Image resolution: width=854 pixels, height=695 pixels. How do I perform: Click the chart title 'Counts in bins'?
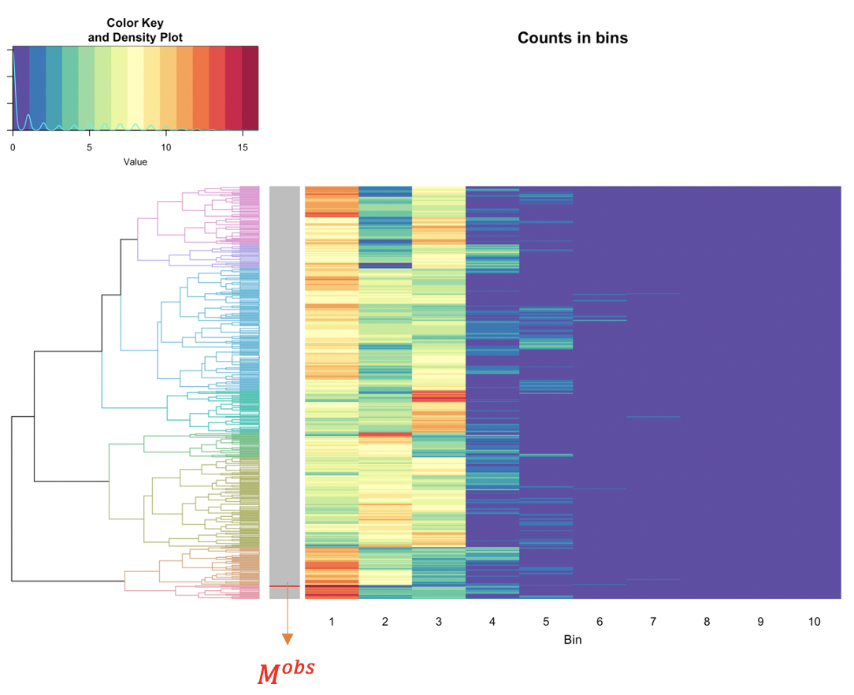(x=573, y=38)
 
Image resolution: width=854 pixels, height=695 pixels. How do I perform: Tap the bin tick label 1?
(x=332, y=622)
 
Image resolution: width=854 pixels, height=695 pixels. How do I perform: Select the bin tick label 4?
(x=492, y=622)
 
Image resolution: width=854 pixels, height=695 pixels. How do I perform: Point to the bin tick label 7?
(x=653, y=622)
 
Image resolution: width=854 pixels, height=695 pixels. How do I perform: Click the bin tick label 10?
(x=814, y=622)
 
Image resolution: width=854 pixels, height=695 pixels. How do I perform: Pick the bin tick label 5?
(x=546, y=622)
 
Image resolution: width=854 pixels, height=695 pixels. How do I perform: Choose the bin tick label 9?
(x=760, y=622)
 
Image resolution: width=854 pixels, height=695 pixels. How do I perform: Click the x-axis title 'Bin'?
(x=573, y=640)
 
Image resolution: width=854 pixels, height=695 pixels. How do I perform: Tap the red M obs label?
(x=286, y=671)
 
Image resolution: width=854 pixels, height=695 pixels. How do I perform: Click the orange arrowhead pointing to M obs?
(x=287, y=639)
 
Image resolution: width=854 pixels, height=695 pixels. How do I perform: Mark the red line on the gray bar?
(x=284, y=586)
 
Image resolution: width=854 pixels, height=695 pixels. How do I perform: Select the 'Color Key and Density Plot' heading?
(x=135, y=30)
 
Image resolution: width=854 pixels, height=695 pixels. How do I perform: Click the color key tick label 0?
(x=13, y=147)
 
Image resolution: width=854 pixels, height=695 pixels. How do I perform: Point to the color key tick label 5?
(x=89, y=147)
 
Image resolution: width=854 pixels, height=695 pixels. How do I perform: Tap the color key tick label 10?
(x=165, y=147)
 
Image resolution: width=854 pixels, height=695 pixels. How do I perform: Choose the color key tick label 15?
(x=242, y=147)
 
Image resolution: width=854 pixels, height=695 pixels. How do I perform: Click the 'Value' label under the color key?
(x=135, y=162)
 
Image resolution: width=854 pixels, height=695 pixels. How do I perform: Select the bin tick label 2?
(x=385, y=622)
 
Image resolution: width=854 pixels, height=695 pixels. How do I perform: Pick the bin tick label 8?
(x=707, y=622)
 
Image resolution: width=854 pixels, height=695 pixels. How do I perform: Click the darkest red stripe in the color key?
(x=250, y=87)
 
